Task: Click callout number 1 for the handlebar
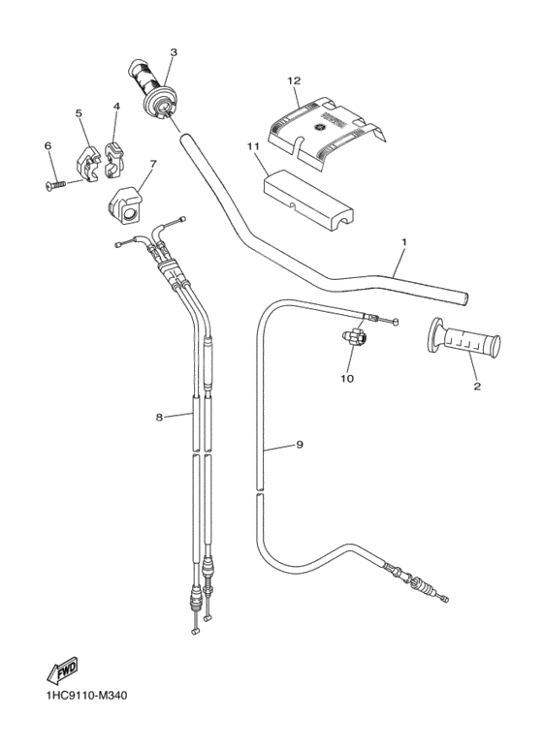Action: point(403,241)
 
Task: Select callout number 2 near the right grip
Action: point(477,386)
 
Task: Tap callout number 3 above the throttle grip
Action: point(174,52)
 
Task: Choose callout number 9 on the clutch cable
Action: point(300,445)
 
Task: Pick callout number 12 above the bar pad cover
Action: point(294,80)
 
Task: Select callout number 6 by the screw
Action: point(48,145)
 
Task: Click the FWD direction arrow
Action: point(63,669)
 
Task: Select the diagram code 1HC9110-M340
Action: point(85,696)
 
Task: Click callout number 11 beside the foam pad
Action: point(251,146)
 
